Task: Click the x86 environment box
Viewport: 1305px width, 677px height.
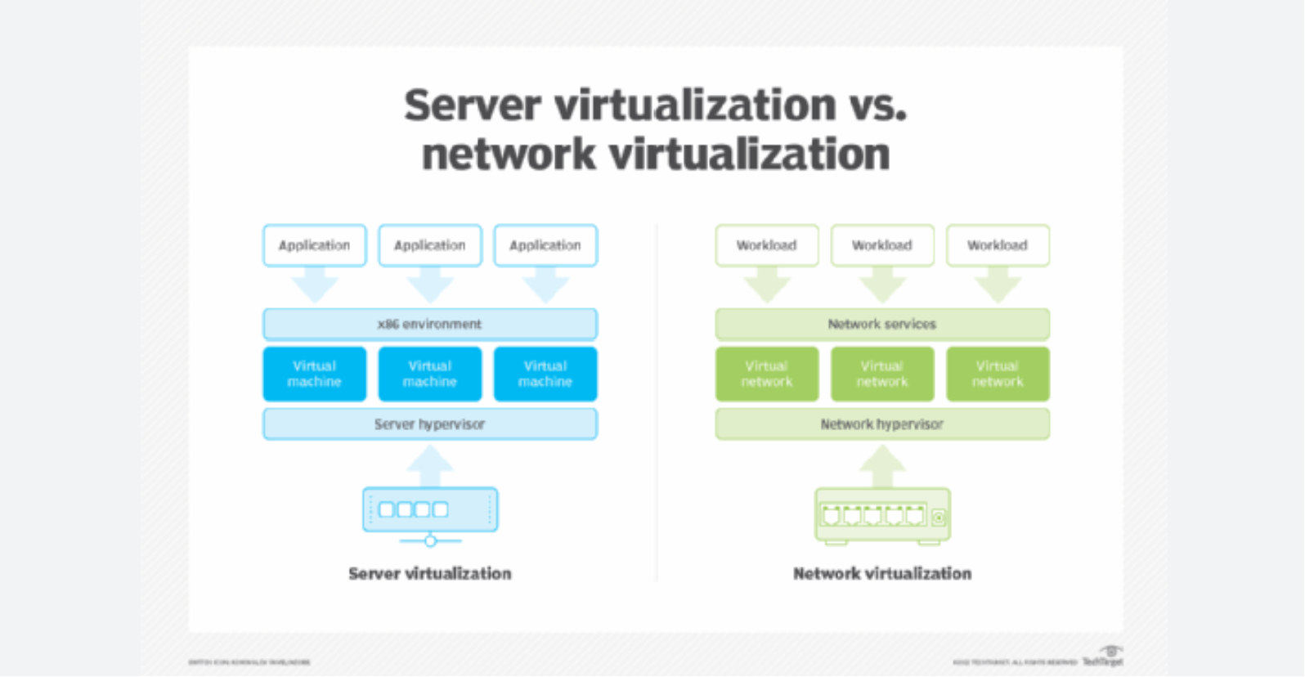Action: [x=430, y=325]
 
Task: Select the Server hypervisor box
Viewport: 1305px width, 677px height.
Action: [x=430, y=424]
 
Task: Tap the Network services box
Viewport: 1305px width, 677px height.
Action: [x=882, y=325]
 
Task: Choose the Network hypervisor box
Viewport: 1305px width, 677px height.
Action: [x=882, y=424]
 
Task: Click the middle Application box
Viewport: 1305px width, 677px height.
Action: [x=430, y=245]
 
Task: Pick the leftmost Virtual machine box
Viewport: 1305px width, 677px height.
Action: [x=315, y=374]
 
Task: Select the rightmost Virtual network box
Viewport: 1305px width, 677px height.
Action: [x=998, y=374]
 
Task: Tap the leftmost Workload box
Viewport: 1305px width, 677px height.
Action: [x=767, y=245]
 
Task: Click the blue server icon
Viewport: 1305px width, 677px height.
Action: [x=430, y=511]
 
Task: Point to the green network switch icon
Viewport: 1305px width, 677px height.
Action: [x=882, y=515]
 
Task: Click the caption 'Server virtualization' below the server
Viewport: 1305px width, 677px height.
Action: [x=430, y=574]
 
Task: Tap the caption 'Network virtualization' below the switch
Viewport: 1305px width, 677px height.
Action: [x=882, y=574]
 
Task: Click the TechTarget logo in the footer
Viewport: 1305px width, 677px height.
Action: [x=1103, y=657]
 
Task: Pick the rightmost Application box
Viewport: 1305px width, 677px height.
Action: [x=545, y=245]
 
